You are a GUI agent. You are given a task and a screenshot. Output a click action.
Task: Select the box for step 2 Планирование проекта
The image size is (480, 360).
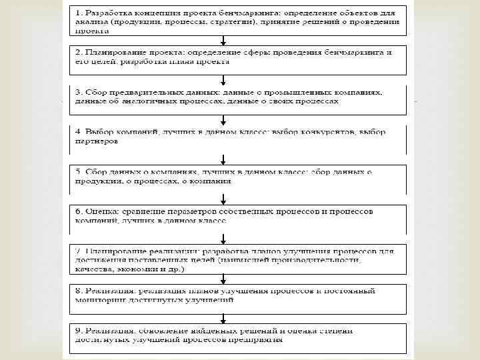click(x=239, y=58)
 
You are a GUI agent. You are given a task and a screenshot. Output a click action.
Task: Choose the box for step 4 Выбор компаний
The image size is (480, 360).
click(x=239, y=139)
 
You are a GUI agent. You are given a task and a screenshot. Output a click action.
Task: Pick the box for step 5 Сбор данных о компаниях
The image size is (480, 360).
click(x=239, y=177)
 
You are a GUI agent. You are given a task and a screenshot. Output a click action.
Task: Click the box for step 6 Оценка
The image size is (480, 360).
click(x=239, y=215)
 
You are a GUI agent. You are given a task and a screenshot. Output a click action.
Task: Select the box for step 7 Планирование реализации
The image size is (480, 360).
click(x=239, y=259)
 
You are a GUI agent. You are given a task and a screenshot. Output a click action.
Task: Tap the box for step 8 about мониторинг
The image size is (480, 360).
click(x=239, y=297)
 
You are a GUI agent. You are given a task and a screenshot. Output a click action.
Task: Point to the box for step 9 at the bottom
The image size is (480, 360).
click(x=239, y=337)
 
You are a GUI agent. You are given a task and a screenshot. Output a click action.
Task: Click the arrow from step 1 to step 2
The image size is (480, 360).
click(x=223, y=40)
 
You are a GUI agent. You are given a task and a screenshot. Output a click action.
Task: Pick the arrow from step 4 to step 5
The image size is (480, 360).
click(x=223, y=158)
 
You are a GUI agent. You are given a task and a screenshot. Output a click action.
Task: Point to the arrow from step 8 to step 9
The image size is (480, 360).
click(x=223, y=317)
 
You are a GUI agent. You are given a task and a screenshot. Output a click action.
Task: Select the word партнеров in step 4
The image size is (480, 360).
click(x=97, y=142)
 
